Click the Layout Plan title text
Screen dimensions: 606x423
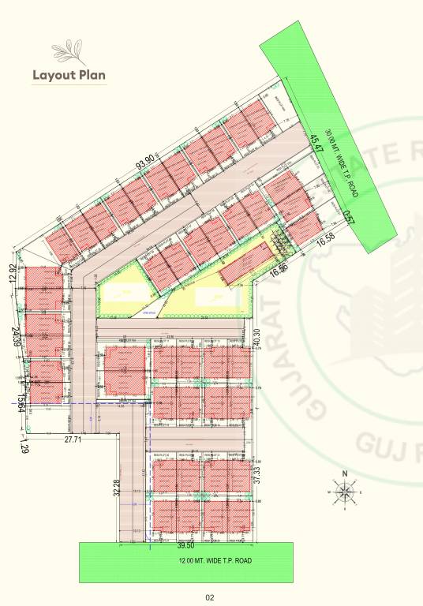(68, 76)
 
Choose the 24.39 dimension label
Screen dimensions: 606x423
(13, 336)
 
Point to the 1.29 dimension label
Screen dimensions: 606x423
(23, 449)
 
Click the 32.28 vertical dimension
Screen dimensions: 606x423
(116, 489)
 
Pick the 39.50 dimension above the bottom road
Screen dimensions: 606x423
(184, 545)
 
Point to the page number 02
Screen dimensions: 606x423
(210, 597)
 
